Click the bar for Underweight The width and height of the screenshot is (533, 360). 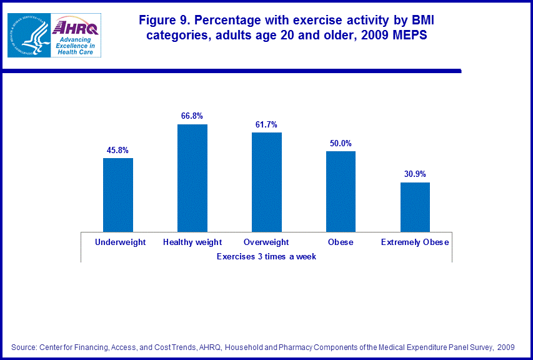click(118, 194)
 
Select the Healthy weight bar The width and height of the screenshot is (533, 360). click(192, 177)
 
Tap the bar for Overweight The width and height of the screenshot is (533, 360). click(267, 182)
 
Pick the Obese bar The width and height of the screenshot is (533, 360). click(341, 191)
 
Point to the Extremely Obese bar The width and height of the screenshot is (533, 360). click(415, 207)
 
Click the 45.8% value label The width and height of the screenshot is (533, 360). click(118, 150)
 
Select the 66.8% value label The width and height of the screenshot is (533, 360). click(192, 116)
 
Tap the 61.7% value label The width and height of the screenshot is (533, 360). click(267, 124)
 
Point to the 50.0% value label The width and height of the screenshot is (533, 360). click(341, 143)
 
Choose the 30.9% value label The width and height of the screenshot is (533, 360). click(415, 174)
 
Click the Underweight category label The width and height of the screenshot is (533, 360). click(120, 242)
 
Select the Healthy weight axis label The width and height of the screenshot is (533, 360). click(192, 242)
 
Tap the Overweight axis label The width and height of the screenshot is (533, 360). click(267, 242)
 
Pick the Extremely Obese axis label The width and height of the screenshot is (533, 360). click(415, 242)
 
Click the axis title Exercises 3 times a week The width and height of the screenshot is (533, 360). click(266, 256)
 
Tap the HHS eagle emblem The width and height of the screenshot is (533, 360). click(27, 35)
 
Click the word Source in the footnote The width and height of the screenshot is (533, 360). click(24, 347)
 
